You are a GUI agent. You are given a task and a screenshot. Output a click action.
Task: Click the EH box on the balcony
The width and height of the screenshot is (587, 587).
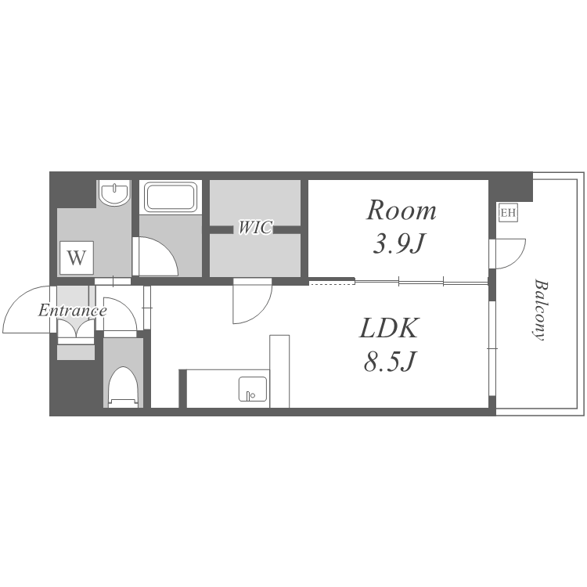pyautogui.click(x=509, y=213)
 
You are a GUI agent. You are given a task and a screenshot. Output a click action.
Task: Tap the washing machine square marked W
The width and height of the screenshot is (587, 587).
pyautogui.click(x=77, y=257)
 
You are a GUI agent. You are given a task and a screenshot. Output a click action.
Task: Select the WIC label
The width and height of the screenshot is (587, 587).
pyautogui.click(x=255, y=227)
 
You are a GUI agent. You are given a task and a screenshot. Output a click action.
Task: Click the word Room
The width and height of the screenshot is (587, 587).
pyautogui.click(x=402, y=211)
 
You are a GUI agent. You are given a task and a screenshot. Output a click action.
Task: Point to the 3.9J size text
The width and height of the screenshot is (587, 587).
pyautogui.click(x=400, y=243)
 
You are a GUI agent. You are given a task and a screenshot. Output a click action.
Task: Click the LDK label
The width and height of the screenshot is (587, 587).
pyautogui.click(x=388, y=328)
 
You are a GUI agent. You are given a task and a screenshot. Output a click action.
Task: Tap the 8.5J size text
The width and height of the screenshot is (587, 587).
pyautogui.click(x=390, y=362)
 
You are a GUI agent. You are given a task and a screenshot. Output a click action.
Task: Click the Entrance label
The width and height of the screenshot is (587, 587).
pyautogui.click(x=73, y=311)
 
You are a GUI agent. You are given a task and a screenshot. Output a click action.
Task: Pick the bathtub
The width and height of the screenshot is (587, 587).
pyautogui.click(x=171, y=196)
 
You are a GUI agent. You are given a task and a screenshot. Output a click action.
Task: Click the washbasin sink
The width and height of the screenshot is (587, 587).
pyautogui.click(x=114, y=193)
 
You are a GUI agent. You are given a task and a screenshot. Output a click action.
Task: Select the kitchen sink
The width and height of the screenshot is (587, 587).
pyautogui.click(x=253, y=389)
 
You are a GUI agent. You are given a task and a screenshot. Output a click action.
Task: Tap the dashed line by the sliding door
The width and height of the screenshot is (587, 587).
pyautogui.click(x=332, y=284)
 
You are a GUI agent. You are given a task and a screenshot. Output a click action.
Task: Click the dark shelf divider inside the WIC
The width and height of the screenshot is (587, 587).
pyautogui.click(x=255, y=229)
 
